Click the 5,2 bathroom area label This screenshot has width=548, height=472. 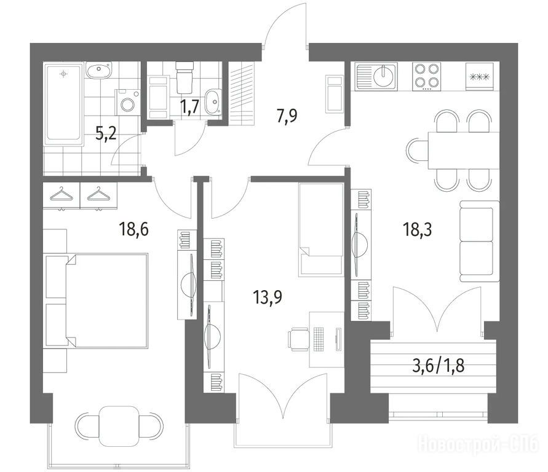point(106,133)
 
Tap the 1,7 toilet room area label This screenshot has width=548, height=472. point(190,106)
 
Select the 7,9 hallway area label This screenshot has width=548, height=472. point(287,116)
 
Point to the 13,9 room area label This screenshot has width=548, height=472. point(268,297)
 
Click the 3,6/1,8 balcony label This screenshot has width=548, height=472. point(439,366)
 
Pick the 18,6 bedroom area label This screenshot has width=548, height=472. point(134,229)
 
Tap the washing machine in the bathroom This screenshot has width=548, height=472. point(127,102)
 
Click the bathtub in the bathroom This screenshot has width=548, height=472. point(63,104)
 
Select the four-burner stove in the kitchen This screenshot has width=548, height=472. point(426,77)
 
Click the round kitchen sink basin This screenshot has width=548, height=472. point(384,76)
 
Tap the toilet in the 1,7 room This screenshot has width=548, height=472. point(184,77)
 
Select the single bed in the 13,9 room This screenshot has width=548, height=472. point(320,230)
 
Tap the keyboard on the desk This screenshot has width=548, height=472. point(319,339)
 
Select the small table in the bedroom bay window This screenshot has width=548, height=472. point(119,426)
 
